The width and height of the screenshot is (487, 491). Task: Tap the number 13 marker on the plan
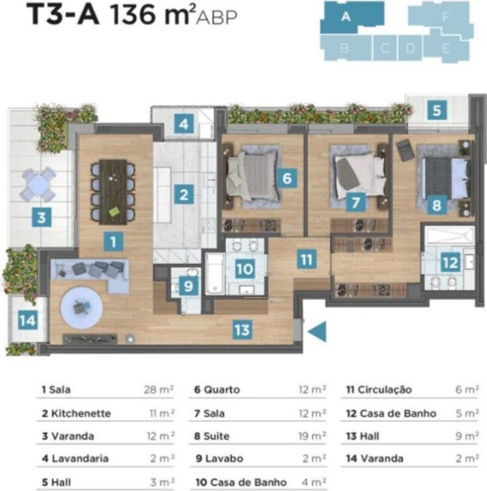tap(242, 330)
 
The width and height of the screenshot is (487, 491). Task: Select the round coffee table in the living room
tap(81, 309)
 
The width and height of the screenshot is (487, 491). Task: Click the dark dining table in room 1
tap(113, 192)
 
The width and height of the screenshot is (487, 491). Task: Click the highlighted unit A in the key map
tap(352, 17)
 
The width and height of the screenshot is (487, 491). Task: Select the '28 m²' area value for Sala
tap(158, 390)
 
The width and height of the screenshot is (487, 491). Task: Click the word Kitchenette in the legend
tap(81, 413)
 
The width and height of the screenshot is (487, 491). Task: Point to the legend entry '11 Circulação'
tap(379, 390)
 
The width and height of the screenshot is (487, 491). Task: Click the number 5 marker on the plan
tap(437, 110)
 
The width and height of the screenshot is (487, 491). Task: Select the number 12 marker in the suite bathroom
tap(450, 262)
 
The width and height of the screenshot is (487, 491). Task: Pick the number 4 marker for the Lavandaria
tap(184, 124)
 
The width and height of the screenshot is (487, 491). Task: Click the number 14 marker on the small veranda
tap(28, 320)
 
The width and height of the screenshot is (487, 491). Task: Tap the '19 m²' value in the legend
tap(312, 436)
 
